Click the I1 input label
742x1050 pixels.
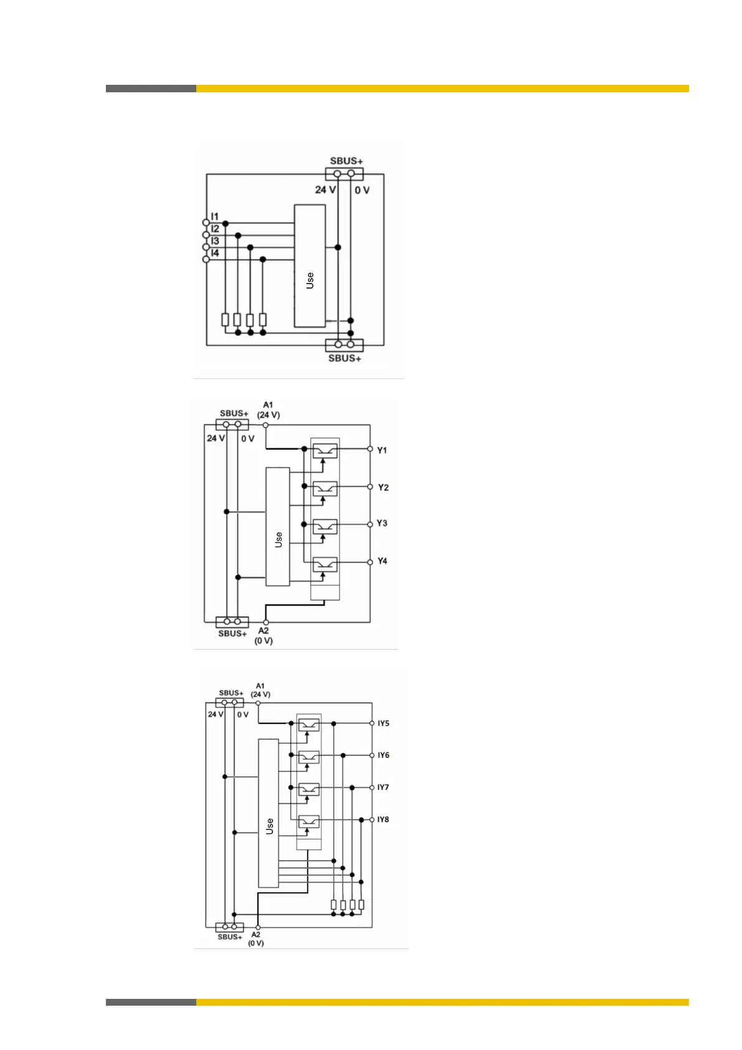pos(214,217)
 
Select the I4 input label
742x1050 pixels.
pos(215,253)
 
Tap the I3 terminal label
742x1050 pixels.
pos(215,241)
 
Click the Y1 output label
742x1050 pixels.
pos(382,450)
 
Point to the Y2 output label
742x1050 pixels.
pos(383,488)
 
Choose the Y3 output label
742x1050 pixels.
pos(382,523)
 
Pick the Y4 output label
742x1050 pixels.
pos(382,561)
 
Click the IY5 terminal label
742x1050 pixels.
pos(383,723)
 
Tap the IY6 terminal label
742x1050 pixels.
pos(383,755)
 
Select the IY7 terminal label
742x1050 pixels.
pos(383,787)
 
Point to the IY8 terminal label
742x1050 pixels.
pos(383,819)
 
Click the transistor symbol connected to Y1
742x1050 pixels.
pos(325,450)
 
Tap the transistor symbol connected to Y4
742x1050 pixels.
pos(325,564)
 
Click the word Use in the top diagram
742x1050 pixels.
pos(310,281)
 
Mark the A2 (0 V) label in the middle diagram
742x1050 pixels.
pos(264,635)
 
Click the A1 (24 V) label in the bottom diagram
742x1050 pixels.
pos(260,690)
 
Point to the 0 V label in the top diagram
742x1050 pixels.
pos(362,190)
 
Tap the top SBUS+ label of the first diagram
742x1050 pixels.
pos(346,161)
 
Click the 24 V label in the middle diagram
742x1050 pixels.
pos(216,438)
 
